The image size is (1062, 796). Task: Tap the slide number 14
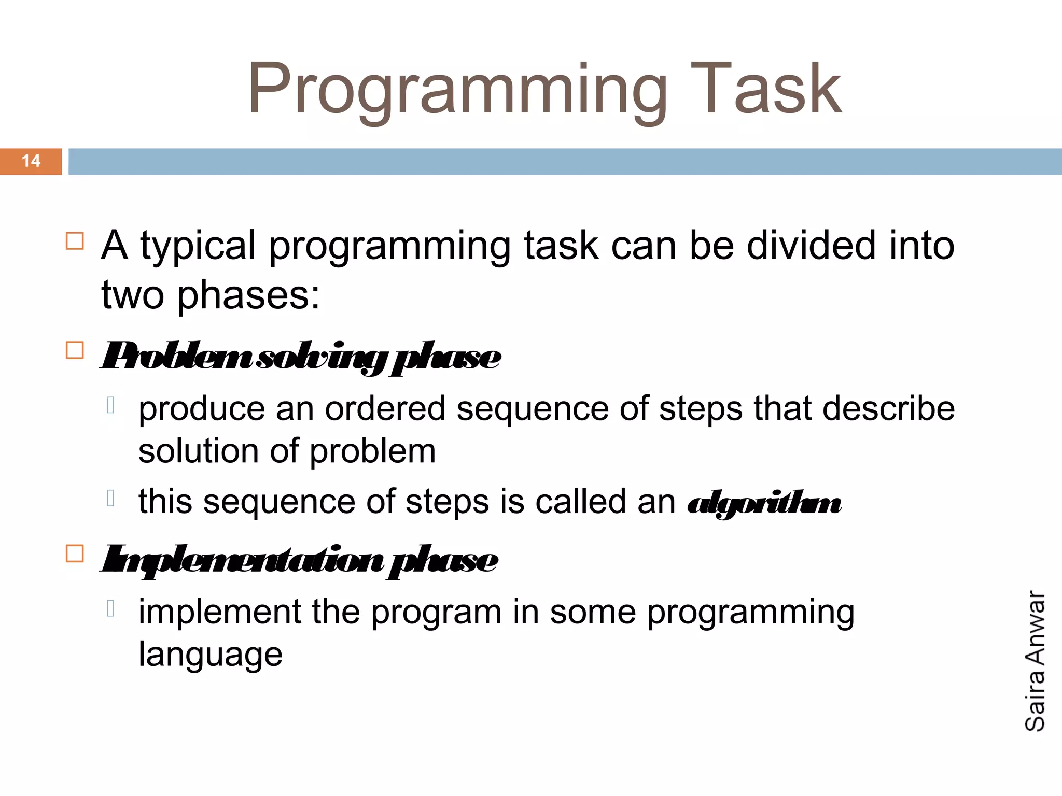click(x=31, y=161)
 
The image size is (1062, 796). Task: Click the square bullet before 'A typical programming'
click(x=75, y=241)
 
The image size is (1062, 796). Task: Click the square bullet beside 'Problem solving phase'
click(x=75, y=351)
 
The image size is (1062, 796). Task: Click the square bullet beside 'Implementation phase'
click(x=75, y=554)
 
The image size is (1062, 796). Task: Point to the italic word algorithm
click(x=764, y=503)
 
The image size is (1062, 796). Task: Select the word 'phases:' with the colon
click(x=248, y=295)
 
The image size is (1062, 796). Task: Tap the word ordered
click(x=385, y=409)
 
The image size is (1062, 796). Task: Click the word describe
click(x=888, y=408)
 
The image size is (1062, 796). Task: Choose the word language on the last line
click(x=211, y=655)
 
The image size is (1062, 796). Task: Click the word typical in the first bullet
click(x=198, y=246)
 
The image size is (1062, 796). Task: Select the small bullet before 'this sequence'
click(x=110, y=498)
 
